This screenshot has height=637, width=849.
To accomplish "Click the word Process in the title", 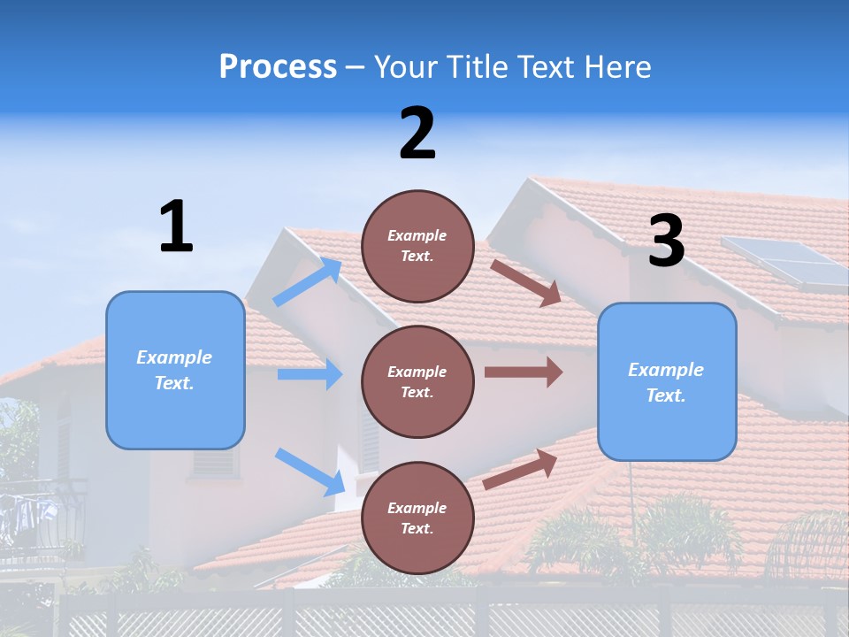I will (x=278, y=67).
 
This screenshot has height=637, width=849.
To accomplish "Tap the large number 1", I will (x=176, y=226).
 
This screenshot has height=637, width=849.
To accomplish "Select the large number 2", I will (x=417, y=134).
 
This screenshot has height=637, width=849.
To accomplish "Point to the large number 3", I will (x=666, y=242).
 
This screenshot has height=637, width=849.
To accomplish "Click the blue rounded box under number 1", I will (x=175, y=370).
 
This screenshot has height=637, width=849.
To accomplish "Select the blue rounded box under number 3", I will (x=667, y=381).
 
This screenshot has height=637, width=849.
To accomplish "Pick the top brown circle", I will (x=417, y=246).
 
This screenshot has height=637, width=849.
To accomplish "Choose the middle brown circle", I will (x=417, y=381).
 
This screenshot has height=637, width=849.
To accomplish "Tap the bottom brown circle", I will (x=417, y=518).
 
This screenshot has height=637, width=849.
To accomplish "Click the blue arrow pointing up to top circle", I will (x=308, y=282).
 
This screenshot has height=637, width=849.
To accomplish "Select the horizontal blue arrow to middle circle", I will (x=310, y=374).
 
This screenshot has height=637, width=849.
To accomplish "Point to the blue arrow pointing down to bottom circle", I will (x=310, y=472).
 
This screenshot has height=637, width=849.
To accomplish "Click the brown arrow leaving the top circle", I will (x=526, y=282).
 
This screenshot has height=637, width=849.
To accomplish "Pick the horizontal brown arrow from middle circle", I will (x=523, y=372).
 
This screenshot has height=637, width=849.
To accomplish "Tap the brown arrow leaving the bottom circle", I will (x=521, y=469).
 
